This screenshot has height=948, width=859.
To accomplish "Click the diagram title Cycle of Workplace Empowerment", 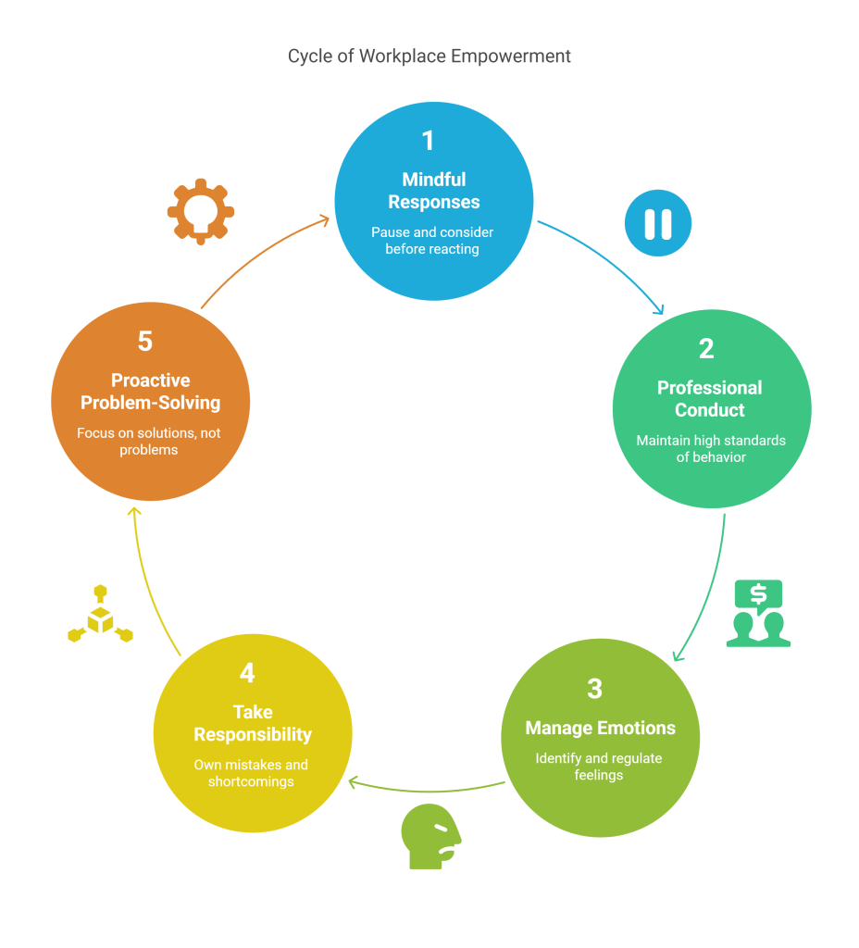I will [429, 56].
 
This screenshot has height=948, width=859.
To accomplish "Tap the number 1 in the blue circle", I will [428, 141].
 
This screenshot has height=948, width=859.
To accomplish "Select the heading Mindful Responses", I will [433, 191].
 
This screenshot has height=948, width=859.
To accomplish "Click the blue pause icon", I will [657, 223].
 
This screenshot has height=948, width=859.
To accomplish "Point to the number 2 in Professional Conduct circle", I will [706, 349].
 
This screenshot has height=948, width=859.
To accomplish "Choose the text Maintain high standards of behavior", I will [710, 449].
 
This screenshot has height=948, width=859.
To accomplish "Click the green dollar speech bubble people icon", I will [758, 613].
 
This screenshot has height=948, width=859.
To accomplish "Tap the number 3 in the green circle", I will [594, 689].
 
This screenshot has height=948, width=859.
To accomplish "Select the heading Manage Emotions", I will [600, 728].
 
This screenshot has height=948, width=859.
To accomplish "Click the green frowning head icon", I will [429, 835].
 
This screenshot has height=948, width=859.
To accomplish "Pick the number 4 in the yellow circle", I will [247, 673].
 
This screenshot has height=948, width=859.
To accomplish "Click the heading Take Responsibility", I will [252, 723].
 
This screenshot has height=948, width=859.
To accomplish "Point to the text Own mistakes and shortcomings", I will [251, 773].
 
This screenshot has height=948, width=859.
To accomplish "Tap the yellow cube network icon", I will [100, 615].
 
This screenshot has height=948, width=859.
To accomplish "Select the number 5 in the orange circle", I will [145, 342].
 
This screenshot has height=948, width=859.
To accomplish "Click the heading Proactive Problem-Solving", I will [150, 392].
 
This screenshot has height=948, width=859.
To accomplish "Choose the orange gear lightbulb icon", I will [200, 211].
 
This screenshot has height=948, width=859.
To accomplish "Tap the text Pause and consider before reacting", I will [432, 241].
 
